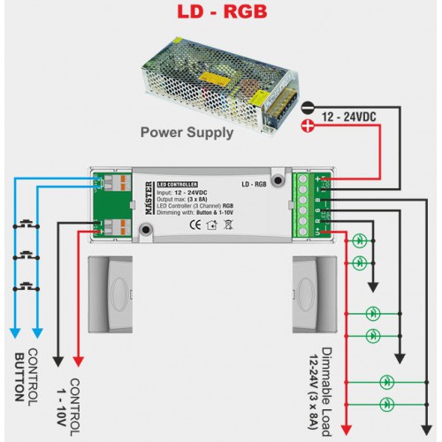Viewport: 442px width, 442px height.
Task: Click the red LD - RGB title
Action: [218, 13]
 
